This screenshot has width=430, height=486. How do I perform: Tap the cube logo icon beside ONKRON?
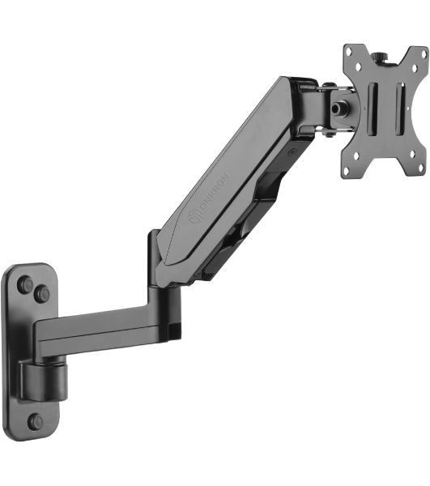[x=195, y=216]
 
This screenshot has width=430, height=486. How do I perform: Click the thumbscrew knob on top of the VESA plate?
[x=380, y=58]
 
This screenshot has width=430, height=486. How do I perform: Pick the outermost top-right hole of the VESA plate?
[x=424, y=53]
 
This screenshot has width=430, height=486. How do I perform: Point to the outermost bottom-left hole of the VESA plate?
[x=346, y=169]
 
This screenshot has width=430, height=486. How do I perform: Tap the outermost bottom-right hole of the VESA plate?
[x=421, y=165]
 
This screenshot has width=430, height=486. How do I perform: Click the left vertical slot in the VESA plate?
[x=373, y=109]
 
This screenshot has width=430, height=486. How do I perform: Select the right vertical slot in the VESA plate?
[x=400, y=109]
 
